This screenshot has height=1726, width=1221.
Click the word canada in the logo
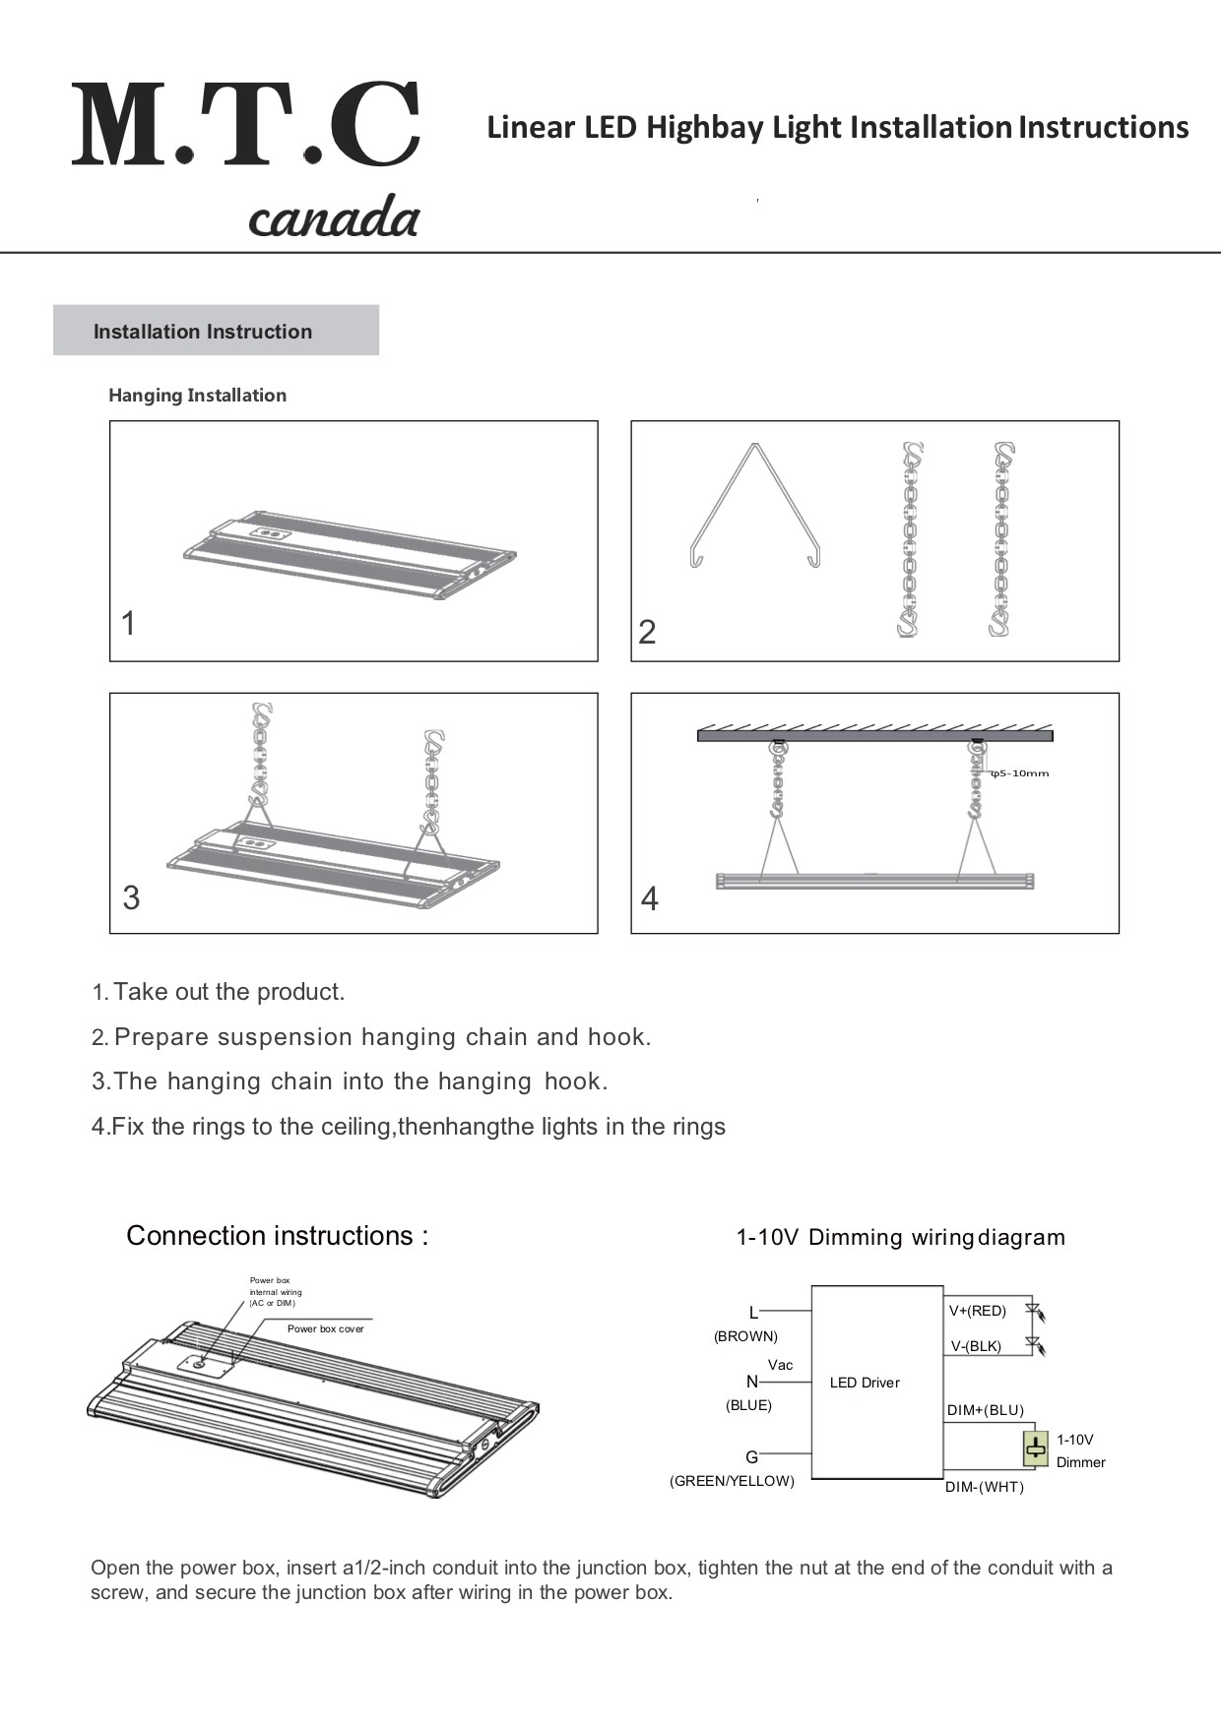point(334,216)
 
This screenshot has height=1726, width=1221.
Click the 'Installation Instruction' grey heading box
point(216,331)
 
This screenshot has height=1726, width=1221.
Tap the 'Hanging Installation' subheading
point(197,396)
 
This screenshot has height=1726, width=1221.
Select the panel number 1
point(128,623)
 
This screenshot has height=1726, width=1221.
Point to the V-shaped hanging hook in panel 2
point(754,506)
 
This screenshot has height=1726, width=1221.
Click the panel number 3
point(131,897)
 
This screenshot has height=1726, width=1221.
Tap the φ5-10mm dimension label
point(1020,773)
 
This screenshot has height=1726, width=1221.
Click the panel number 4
point(649,898)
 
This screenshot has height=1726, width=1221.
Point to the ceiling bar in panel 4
point(874,735)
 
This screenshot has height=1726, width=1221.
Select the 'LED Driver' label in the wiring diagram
point(865,1383)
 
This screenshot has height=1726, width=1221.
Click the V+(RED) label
point(977,1311)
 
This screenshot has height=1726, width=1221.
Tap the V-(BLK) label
point(976,1346)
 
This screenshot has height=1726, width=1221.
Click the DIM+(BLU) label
point(985,1410)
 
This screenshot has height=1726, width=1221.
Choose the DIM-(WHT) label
point(985,1487)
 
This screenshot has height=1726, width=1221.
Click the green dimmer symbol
point(1035,1449)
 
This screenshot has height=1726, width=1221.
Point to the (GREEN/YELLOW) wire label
point(732,1481)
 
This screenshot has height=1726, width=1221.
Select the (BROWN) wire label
point(745,1336)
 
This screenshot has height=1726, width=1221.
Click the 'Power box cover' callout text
point(325,1328)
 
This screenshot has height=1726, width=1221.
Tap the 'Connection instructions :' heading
point(278,1236)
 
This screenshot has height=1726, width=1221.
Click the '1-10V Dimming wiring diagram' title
point(900,1237)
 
